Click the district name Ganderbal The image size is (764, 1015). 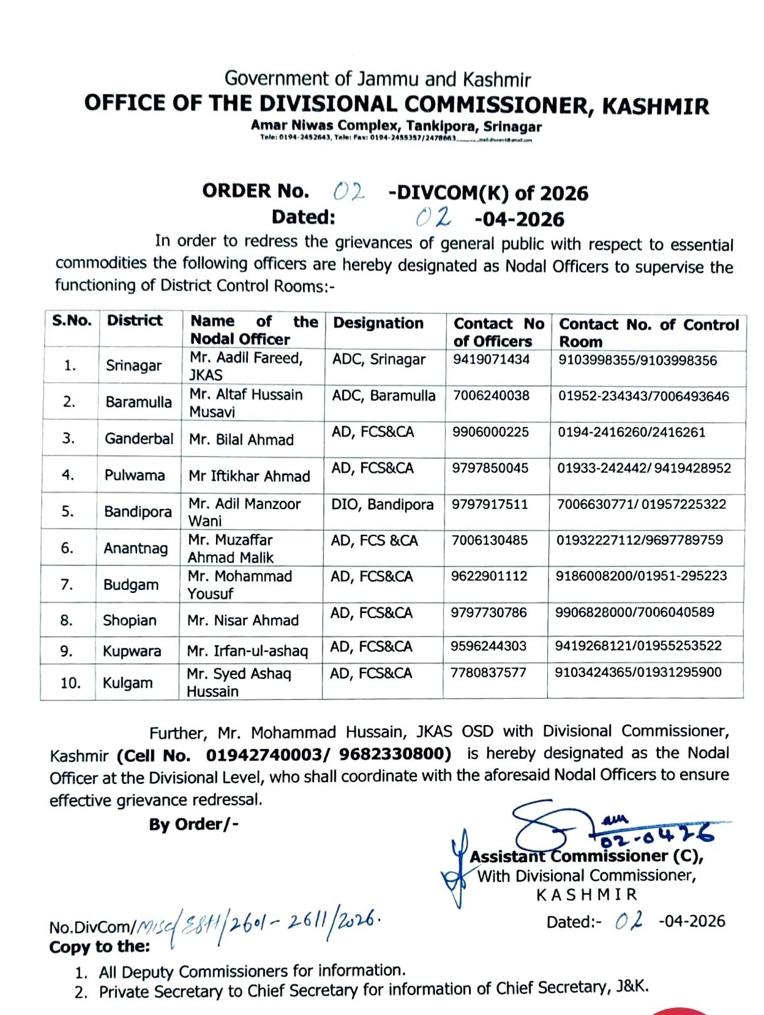[138, 438]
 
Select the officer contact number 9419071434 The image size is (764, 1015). [491, 359]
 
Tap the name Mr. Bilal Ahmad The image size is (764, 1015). [241, 440]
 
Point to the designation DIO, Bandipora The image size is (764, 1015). [382, 505]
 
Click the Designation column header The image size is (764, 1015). [378, 323]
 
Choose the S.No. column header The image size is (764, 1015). [72, 321]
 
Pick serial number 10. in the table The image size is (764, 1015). [70, 683]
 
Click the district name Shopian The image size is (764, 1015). [130, 621]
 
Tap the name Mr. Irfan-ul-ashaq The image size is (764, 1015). [247, 651]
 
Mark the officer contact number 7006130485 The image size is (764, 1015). [490, 540]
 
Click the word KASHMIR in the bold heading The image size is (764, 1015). [655, 106]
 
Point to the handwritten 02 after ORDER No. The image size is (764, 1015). [348, 191]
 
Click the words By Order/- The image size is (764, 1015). [194, 824]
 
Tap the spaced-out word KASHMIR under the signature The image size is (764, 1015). [586, 895]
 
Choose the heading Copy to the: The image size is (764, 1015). [100, 947]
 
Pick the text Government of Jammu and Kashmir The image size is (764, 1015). [378, 79]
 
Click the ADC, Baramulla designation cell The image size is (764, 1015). [383, 396]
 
